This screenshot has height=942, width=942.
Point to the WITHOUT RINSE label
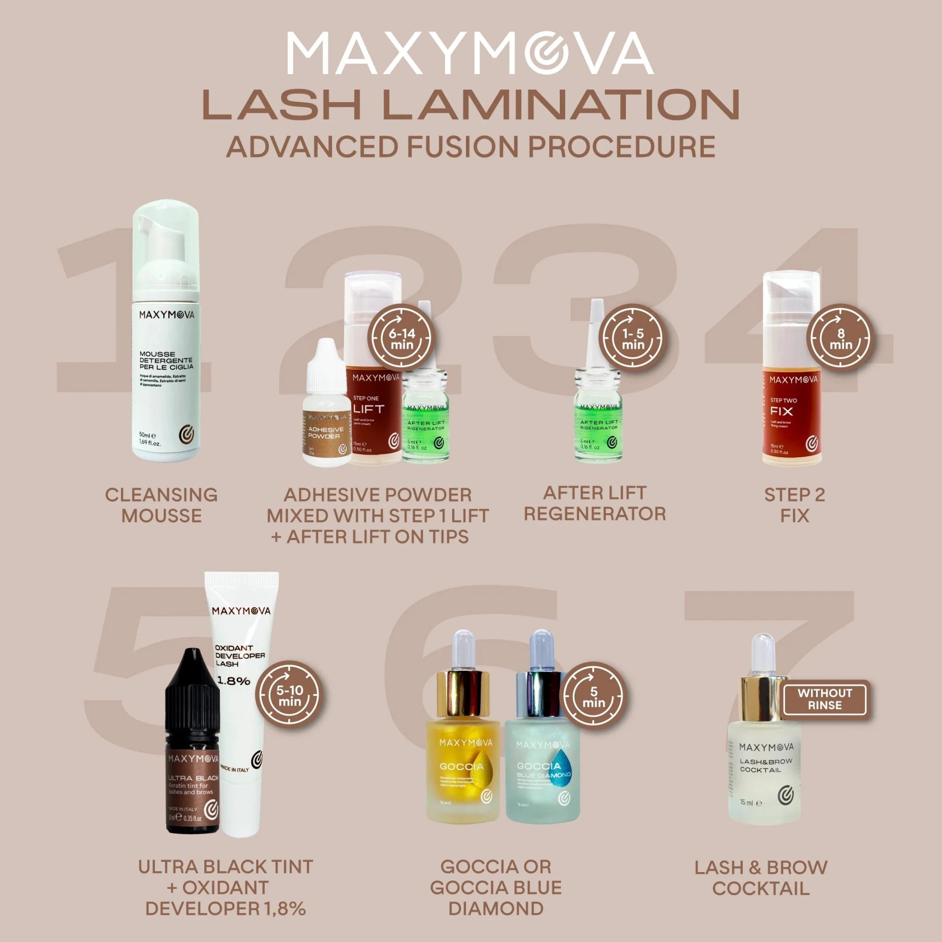pos(825,699)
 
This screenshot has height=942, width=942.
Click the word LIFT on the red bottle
pos(368,408)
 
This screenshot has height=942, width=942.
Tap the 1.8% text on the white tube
pos(233,681)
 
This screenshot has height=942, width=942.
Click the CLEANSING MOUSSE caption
pos(161,505)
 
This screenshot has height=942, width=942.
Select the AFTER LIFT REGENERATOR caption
pos(594,503)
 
